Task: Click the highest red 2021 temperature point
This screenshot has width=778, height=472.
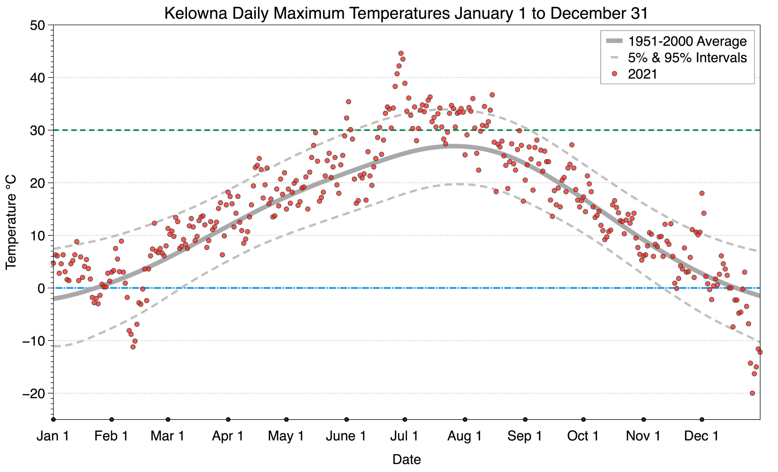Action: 401,53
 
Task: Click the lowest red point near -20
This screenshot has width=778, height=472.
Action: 752,393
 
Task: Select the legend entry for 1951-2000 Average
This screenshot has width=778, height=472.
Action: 687,41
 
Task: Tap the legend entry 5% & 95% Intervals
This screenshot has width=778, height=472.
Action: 687,58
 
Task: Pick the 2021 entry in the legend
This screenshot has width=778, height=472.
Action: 642,74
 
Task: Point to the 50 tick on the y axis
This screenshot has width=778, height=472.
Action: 37,25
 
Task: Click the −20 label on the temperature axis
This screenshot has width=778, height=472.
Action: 34,394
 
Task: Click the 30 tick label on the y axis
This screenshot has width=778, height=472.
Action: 37,131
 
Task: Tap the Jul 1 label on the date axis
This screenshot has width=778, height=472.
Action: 404,436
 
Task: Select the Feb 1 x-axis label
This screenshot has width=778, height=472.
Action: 111,436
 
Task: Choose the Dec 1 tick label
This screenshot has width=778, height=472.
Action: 702,436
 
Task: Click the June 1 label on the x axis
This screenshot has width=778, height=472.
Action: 346,436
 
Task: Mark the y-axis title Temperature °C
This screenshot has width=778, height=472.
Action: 11,222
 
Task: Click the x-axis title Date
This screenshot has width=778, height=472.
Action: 406,459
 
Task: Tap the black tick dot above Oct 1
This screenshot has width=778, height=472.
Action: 583,420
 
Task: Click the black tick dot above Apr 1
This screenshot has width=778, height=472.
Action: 228,420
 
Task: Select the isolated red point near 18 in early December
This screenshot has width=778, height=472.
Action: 702,193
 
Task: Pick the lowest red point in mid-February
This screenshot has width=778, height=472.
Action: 133,347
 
